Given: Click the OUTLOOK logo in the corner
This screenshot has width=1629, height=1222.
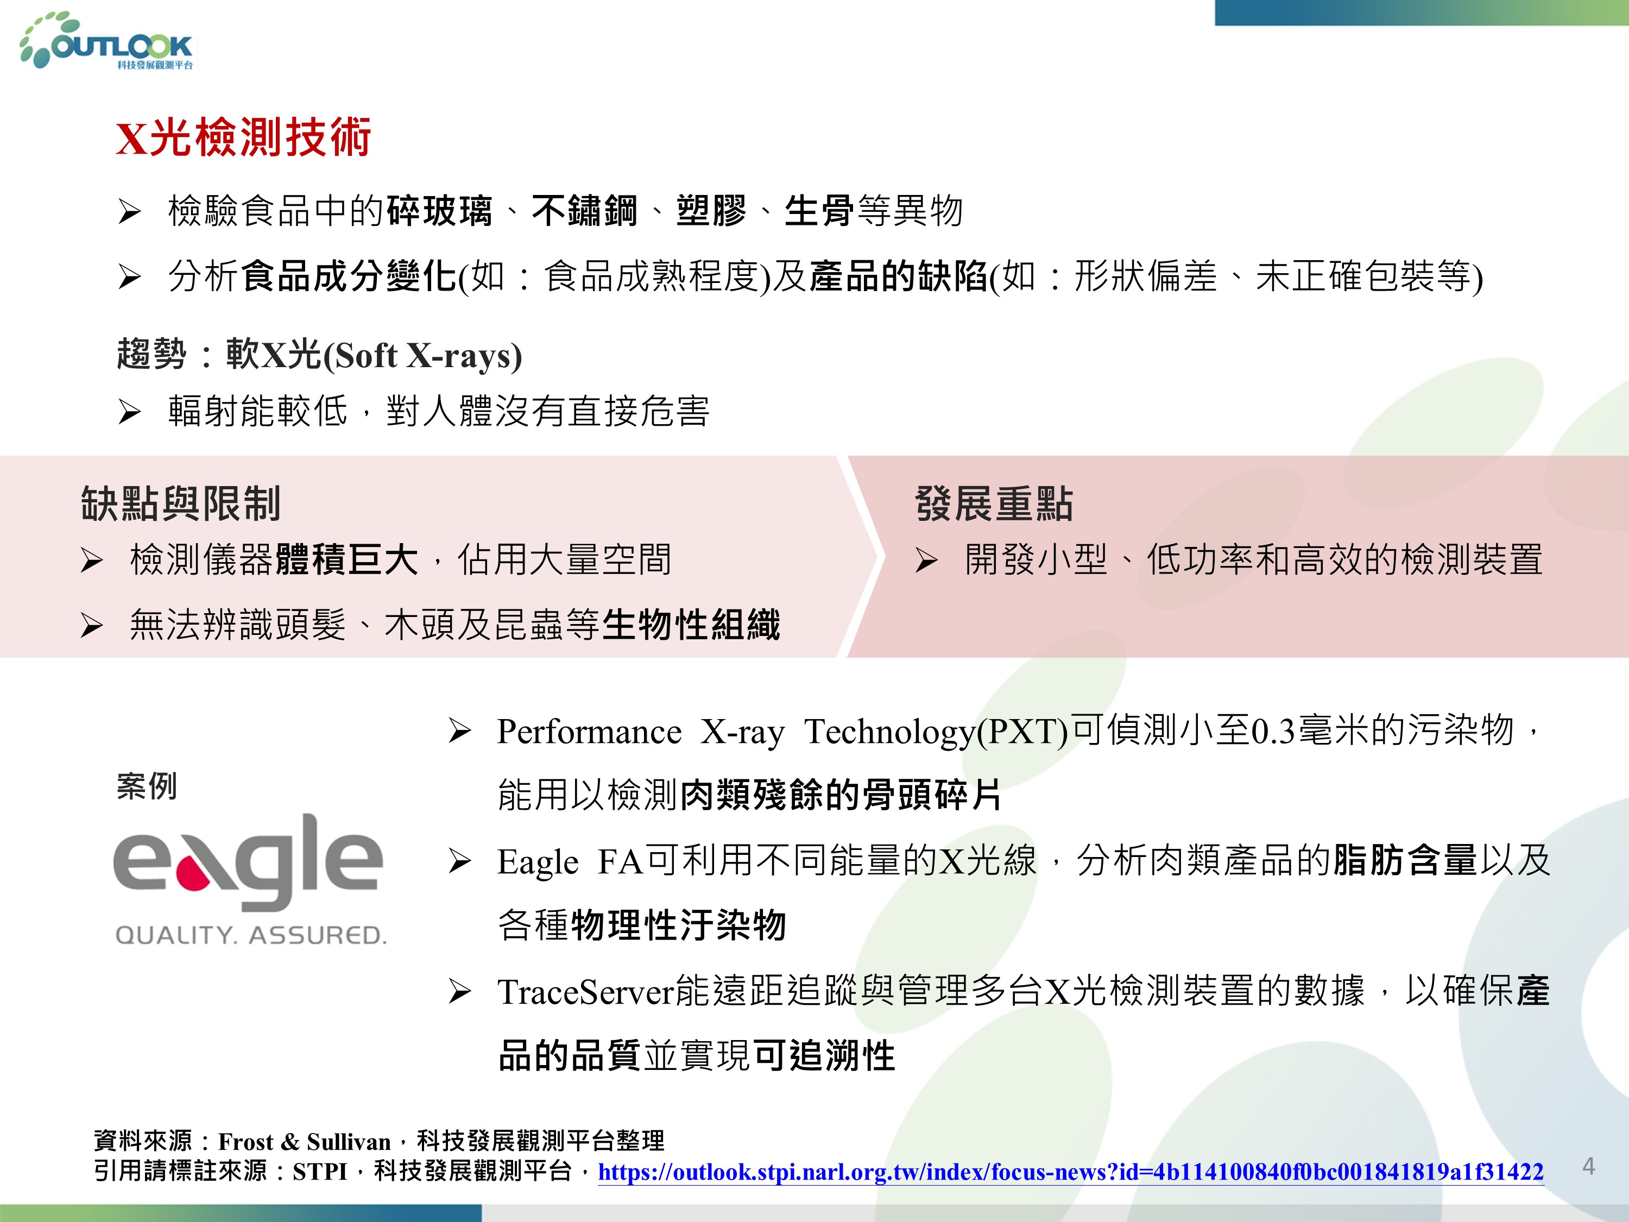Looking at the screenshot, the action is coord(108,41).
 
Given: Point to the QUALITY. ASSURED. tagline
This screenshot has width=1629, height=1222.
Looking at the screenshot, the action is coord(250,935).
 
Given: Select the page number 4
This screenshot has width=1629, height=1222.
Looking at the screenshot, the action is coord(1588,1166).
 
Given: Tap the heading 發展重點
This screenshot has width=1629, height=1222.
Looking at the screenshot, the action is coord(994,504).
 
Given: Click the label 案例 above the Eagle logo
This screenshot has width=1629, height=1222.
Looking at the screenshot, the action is coord(147,786).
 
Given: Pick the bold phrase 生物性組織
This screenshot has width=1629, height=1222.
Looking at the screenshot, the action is coord(691,625).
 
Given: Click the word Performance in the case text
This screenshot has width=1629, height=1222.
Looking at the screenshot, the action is coord(589,732).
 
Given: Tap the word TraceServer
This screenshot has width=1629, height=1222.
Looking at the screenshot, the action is coord(585,991).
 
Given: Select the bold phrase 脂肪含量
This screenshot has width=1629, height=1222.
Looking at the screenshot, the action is coord(1405,860).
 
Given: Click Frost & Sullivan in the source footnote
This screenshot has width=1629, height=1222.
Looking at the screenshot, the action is coord(304,1142).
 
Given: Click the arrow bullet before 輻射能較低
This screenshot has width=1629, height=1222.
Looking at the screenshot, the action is coord(130,412).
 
